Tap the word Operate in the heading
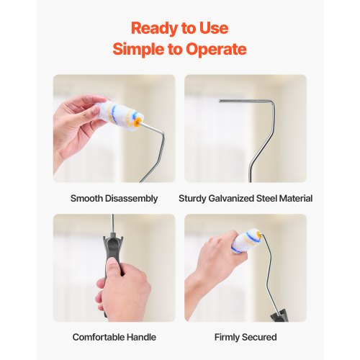coord(216,49)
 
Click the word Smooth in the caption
coord(86,198)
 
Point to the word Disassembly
coord(131,199)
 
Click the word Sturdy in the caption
coord(192,199)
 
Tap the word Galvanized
coord(231,198)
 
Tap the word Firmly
coord(227,338)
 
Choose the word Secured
coord(259,337)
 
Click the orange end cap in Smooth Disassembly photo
coord(138,121)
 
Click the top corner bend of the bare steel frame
coord(272,103)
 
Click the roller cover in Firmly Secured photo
coord(246,240)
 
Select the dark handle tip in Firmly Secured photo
coord(279,315)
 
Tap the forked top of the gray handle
coord(113,240)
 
